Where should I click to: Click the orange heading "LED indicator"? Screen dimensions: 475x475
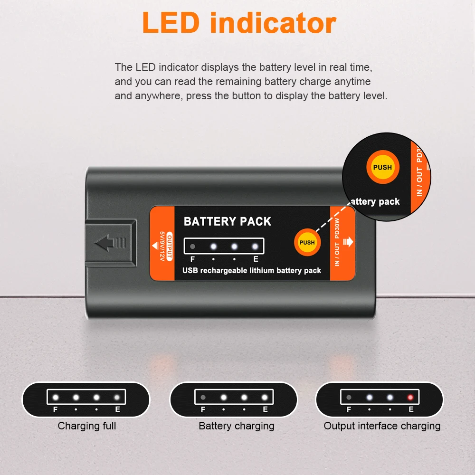(239, 23)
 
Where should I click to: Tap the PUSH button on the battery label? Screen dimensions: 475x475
(307, 242)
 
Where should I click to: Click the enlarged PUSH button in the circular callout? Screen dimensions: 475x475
(382, 167)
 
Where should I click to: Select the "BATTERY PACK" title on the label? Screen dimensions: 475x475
(227, 221)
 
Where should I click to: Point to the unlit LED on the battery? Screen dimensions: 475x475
(192, 246)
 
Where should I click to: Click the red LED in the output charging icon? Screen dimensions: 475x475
(410, 397)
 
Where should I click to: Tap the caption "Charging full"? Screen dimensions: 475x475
(87, 426)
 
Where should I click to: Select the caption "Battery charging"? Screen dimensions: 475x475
(237, 426)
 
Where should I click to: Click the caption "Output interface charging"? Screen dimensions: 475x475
(382, 426)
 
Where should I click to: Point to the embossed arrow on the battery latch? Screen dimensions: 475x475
(110, 243)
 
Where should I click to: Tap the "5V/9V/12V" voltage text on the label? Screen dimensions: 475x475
(162, 246)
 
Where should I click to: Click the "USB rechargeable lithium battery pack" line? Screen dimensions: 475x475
(251, 271)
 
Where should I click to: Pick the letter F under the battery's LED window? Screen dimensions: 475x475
(192, 259)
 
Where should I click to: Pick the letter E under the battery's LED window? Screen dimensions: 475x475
(256, 259)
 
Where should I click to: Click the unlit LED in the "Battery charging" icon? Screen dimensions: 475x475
(203, 397)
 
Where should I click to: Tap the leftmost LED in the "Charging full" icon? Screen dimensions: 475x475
(56, 397)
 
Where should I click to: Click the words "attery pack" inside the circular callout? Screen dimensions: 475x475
(375, 202)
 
